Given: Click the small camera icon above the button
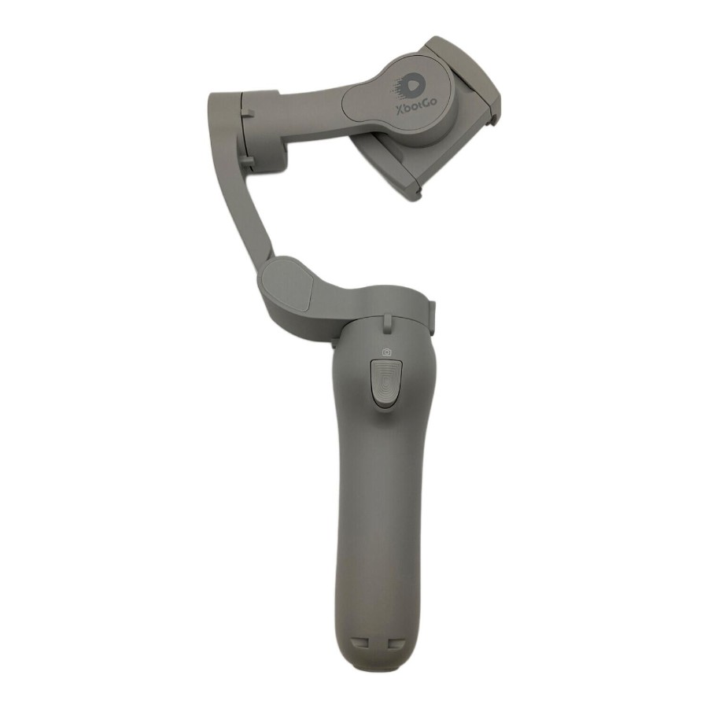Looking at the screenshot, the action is pos(386,352).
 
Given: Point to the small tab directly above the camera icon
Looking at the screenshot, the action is pos(387,322).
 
